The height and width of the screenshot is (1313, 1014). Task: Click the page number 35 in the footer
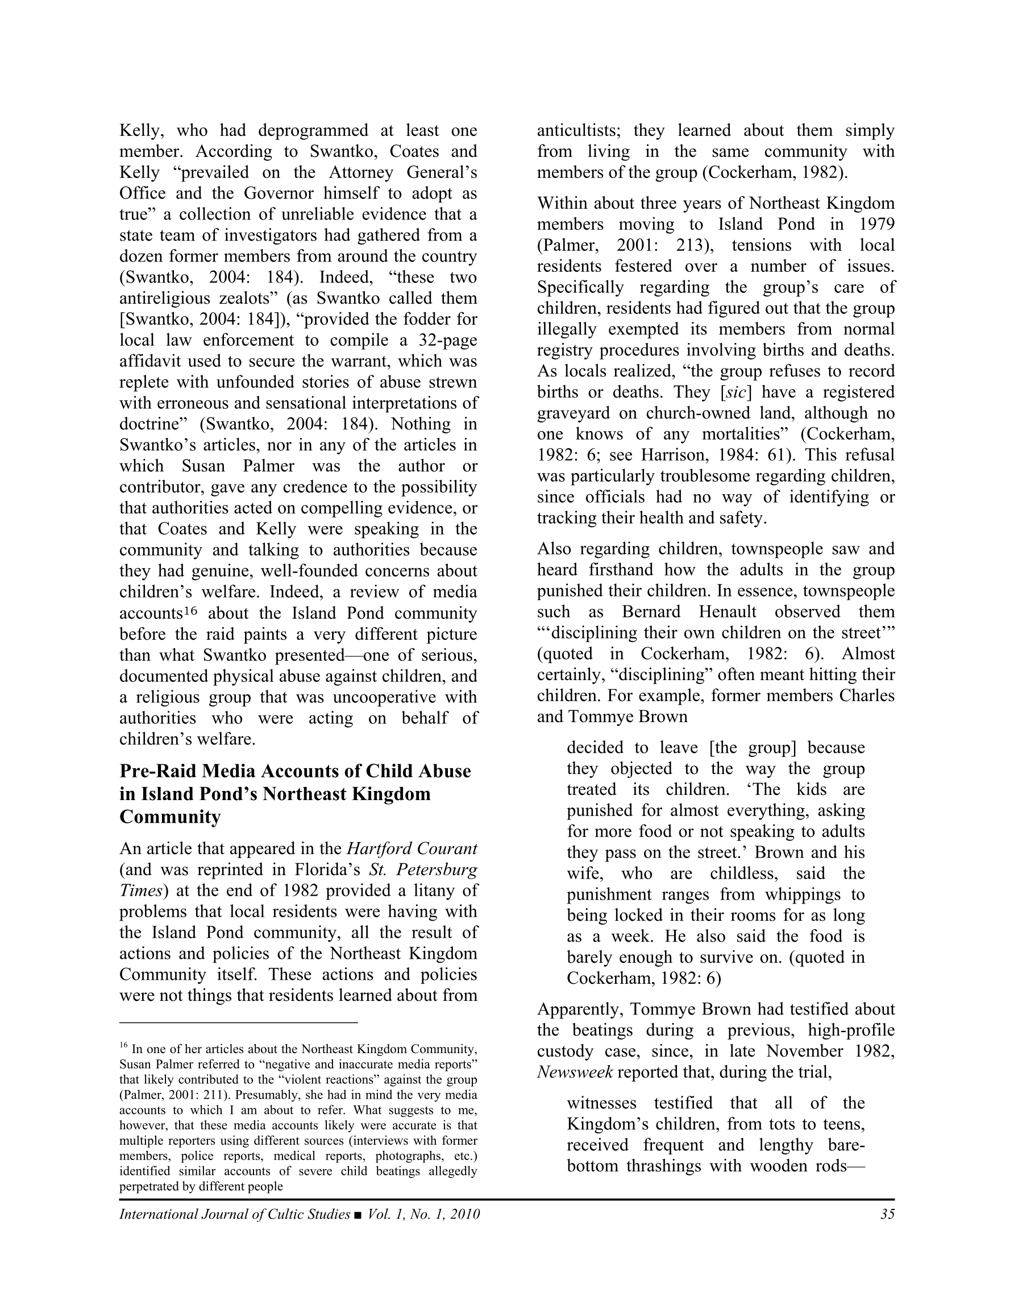pos(887,1214)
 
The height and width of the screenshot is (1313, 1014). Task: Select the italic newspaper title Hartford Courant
pos(412,848)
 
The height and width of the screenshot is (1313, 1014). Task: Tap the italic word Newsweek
pos(575,1072)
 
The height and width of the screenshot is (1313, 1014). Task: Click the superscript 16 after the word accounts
pos(190,611)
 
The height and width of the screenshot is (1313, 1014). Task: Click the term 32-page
pos(447,340)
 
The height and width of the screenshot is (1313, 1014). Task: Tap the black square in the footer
pos(358,1215)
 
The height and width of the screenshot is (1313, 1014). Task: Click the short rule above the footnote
pos(239,1021)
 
